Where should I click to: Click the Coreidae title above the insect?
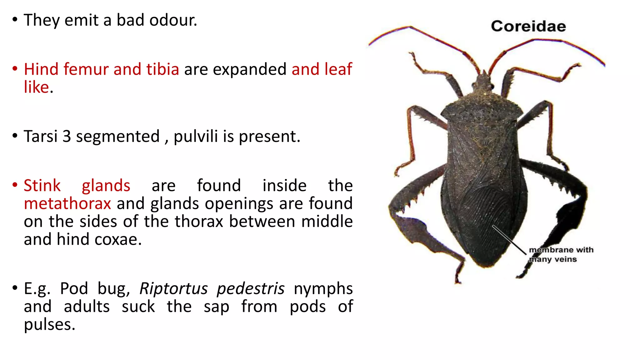[528, 26]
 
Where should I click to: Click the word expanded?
[249, 69]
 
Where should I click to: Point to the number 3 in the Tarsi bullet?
[67, 137]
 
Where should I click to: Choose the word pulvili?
[196, 137]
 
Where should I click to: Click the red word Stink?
[42, 186]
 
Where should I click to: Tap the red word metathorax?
[67, 203]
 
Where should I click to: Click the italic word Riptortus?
[173, 288]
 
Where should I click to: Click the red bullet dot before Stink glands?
[15, 184]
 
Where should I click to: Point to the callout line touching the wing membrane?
[509, 239]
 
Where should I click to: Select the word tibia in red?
[162, 69]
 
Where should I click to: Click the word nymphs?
[323, 288]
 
